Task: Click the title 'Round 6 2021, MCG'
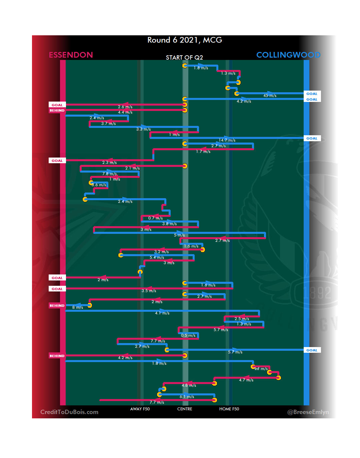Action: pos(185,40)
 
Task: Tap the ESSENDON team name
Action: pos(71,55)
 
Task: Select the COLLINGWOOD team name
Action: pos(288,55)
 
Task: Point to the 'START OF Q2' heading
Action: pos(184,58)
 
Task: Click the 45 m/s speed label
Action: pos(270,96)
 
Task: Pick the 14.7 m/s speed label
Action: pos(227,140)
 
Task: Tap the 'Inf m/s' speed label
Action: pos(261,369)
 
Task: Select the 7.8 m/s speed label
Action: pos(109,174)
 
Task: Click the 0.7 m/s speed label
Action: pos(155,218)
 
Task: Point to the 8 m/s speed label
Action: pos(78,307)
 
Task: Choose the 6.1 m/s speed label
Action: pos(187,397)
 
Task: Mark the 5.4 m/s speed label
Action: pos(157,257)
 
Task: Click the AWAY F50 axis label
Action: pos(140,409)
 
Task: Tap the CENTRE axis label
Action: pos(185,409)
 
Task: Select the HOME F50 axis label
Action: pos(229,409)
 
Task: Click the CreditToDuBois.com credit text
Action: pos(69,412)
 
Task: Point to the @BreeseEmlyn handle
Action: pos(308,412)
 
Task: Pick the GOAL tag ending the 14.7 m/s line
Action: pos(312,139)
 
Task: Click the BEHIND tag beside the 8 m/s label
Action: pos(57,305)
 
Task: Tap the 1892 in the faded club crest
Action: pos(317,293)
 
